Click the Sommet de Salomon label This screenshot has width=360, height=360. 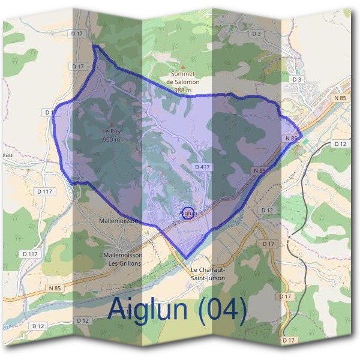(x=183, y=78)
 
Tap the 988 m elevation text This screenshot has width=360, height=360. (x=183, y=90)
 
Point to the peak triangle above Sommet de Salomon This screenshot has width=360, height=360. (x=183, y=67)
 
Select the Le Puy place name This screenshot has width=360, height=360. (x=112, y=131)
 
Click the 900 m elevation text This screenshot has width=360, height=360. (x=112, y=139)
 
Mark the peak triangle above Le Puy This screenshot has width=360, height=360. (x=112, y=124)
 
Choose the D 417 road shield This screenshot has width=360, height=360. (x=201, y=166)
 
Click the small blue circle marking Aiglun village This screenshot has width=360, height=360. (x=188, y=213)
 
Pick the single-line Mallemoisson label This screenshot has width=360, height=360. (x=118, y=221)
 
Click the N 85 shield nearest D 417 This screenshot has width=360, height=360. (x=259, y=171)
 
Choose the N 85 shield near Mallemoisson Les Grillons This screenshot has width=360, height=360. (x=53, y=288)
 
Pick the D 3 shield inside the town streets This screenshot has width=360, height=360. (x=296, y=79)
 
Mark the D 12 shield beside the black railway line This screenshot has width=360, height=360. (x=340, y=144)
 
